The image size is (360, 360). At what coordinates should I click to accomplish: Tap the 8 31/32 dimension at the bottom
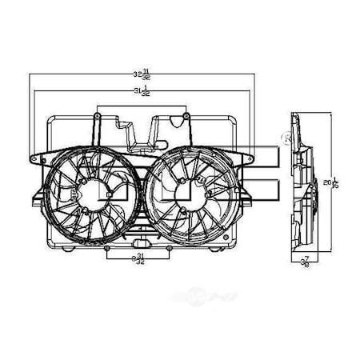[139, 257]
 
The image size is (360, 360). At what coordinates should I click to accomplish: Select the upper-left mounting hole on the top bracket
[97, 117]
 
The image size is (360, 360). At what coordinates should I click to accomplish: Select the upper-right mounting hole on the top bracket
[186, 117]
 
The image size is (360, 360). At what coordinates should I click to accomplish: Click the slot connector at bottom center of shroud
[139, 242]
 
